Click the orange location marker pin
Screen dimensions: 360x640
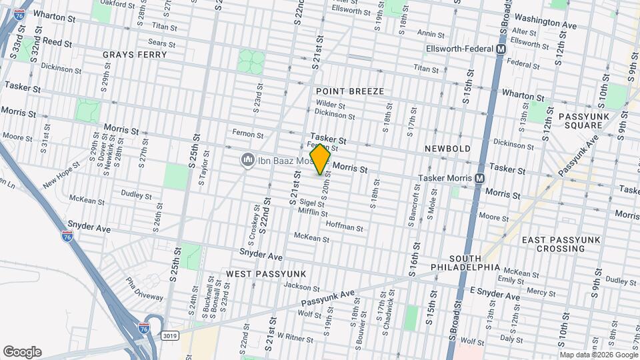(320, 159)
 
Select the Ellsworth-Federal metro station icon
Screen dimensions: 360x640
(501, 49)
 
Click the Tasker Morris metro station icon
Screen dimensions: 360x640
(479, 179)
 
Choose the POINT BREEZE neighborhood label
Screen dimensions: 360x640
(350, 90)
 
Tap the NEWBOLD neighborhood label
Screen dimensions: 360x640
(447, 148)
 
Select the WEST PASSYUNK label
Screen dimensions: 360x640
(265, 274)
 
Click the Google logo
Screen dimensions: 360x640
(22, 352)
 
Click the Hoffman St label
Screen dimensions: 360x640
(344, 228)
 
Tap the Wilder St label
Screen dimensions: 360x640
(330, 105)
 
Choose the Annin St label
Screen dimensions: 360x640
(431, 33)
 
